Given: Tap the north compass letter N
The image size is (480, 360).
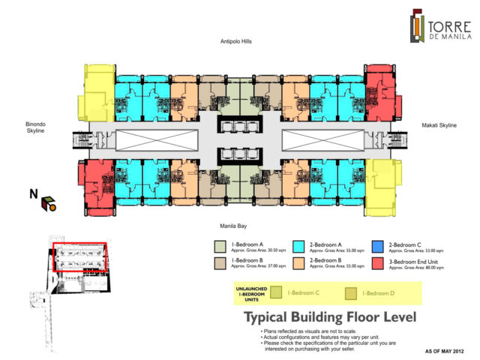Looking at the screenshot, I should coord(33,194).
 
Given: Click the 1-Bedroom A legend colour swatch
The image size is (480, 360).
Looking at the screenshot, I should coord(220,246).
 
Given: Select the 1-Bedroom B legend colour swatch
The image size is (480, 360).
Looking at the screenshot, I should coord(220,262).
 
